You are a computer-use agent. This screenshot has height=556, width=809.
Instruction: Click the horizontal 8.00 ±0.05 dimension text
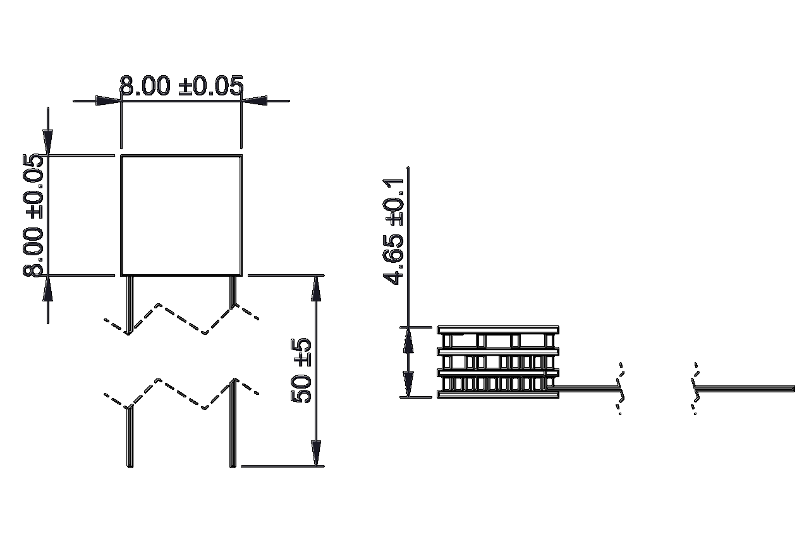[x=181, y=85]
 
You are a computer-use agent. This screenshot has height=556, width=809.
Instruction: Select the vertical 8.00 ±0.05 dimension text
[x=33, y=215]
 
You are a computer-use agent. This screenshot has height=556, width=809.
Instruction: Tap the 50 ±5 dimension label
[x=300, y=370]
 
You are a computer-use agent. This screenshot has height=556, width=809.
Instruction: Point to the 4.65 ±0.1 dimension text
[x=393, y=231]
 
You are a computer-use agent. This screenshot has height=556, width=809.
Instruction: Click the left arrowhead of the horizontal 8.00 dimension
[x=107, y=100]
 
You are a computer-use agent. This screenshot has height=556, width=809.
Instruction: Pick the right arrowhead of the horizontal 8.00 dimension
[x=255, y=100]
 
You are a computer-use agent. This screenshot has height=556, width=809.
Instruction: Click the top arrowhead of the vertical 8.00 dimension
[x=47, y=142]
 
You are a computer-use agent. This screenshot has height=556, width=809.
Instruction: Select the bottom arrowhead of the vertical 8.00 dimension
[x=47, y=288]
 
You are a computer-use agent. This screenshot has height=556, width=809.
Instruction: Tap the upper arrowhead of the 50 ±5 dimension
[x=316, y=288]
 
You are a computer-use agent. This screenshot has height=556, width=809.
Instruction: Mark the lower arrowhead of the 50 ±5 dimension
[x=316, y=454]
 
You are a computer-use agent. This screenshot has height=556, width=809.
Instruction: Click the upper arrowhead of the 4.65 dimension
[x=408, y=340]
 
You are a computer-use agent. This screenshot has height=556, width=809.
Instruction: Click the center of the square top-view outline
[x=181, y=215]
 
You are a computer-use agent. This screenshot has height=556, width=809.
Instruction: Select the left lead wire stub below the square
[x=130, y=305]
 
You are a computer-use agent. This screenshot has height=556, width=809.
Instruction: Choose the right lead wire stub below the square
[x=233, y=292]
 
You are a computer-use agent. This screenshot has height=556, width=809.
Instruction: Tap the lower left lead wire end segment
[x=130, y=437]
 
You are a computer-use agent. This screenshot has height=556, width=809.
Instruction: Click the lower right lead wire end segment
[x=233, y=423]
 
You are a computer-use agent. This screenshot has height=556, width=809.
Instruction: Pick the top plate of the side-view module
[x=498, y=330]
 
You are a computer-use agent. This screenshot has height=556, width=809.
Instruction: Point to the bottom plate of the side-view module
[x=498, y=394]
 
